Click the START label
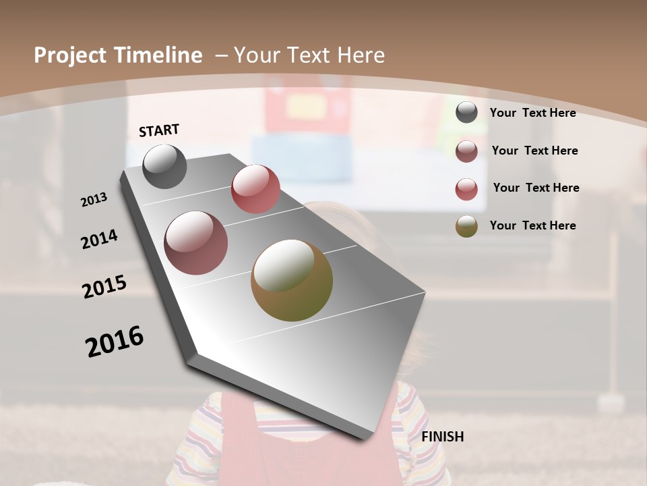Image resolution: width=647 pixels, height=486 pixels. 159,130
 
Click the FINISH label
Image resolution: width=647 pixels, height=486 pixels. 443,437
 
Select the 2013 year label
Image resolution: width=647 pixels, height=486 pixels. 94,200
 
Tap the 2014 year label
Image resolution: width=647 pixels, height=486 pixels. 99,239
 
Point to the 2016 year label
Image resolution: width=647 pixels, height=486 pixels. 115,342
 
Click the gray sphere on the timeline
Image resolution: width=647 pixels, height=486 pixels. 164,166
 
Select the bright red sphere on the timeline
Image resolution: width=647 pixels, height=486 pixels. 255,189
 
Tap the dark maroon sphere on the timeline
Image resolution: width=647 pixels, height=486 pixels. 196,243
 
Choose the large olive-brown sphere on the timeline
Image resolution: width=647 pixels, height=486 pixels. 292,280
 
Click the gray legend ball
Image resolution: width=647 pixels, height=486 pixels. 466,113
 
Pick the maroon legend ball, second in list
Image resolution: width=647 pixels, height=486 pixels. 466,151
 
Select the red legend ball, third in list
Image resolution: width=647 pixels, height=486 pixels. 466,189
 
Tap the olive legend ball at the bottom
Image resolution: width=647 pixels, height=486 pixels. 466,226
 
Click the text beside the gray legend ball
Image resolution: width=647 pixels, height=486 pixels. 532,113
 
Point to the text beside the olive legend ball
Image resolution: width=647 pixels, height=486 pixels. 532,225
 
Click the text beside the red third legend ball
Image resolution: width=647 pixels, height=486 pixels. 536,188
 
